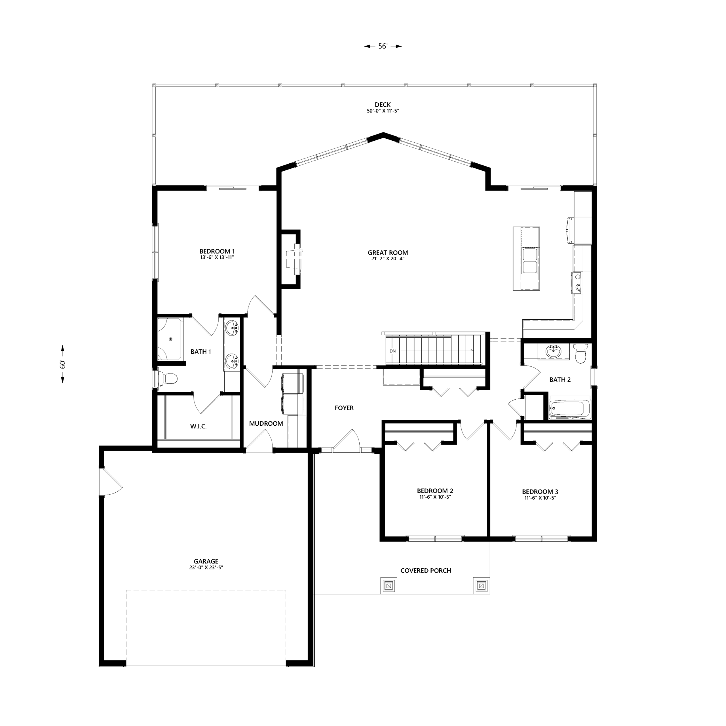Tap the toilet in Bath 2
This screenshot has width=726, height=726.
[581, 354]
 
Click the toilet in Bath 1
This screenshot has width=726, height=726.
[167, 378]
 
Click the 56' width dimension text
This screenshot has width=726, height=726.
[383, 46]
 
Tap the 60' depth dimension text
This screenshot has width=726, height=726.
[63, 364]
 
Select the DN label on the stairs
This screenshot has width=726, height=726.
[393, 351]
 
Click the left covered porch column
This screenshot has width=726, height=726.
[389, 585]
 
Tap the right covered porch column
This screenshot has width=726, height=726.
[481, 585]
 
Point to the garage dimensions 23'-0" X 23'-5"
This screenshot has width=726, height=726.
[206, 568]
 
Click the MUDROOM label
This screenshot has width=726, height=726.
[266, 423]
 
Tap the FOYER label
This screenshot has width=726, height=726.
[344, 408]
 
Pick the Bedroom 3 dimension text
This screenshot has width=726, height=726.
[540, 498]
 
